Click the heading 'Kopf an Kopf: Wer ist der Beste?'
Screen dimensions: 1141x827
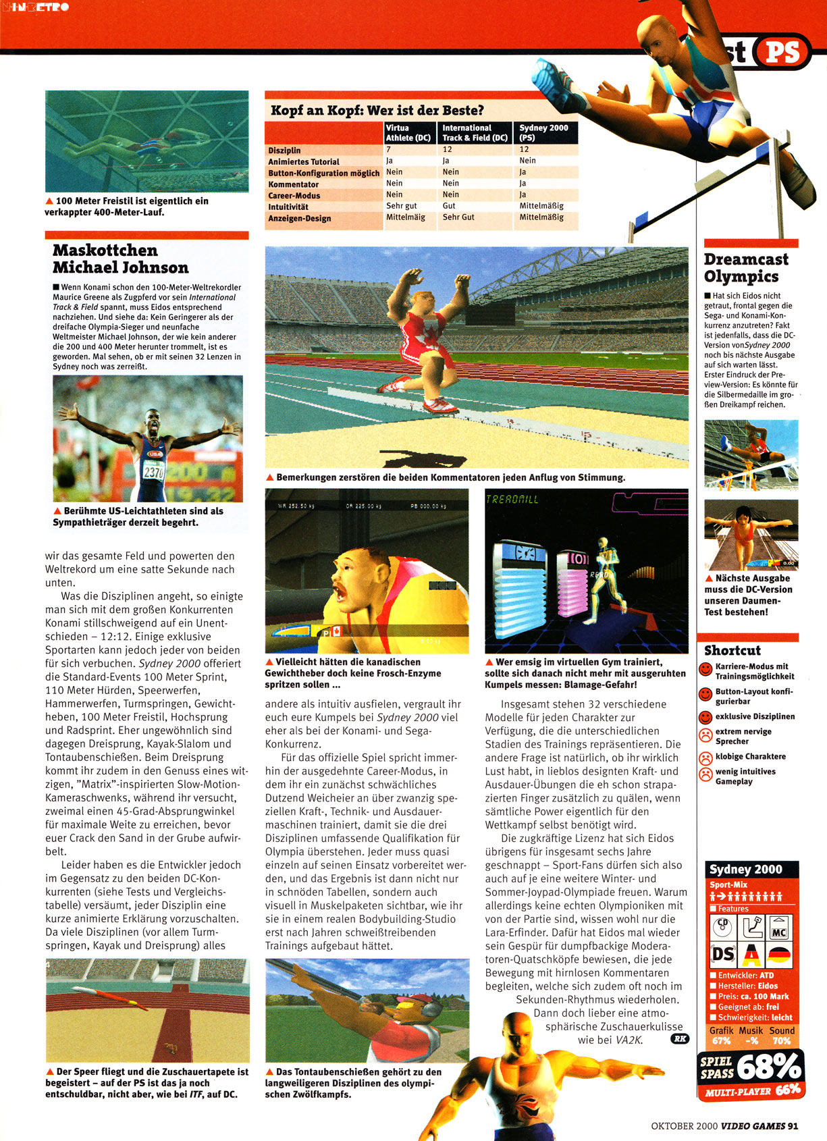[x=377, y=111]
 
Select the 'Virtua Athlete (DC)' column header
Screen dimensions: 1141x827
[x=408, y=132]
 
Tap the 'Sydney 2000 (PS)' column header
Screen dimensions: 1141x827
[x=543, y=132]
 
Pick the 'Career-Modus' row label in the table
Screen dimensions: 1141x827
[x=294, y=196]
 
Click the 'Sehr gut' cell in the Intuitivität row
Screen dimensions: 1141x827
[x=402, y=206]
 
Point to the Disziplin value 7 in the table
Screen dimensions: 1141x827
[x=389, y=150]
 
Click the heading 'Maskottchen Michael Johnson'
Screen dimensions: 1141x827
[x=121, y=259]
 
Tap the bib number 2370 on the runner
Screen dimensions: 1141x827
[x=154, y=473]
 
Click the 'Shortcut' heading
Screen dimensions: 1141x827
[x=732, y=651]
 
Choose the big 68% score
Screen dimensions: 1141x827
[x=768, y=1067]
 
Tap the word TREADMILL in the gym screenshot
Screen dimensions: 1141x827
[x=512, y=500]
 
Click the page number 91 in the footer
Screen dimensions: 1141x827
[x=793, y=1125]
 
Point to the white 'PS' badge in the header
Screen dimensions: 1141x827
[x=783, y=52]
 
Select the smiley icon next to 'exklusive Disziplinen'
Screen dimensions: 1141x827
[x=705, y=717]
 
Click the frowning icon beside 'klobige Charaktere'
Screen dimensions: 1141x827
[x=705, y=758]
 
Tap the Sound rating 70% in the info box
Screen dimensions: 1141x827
[x=781, y=1040]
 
